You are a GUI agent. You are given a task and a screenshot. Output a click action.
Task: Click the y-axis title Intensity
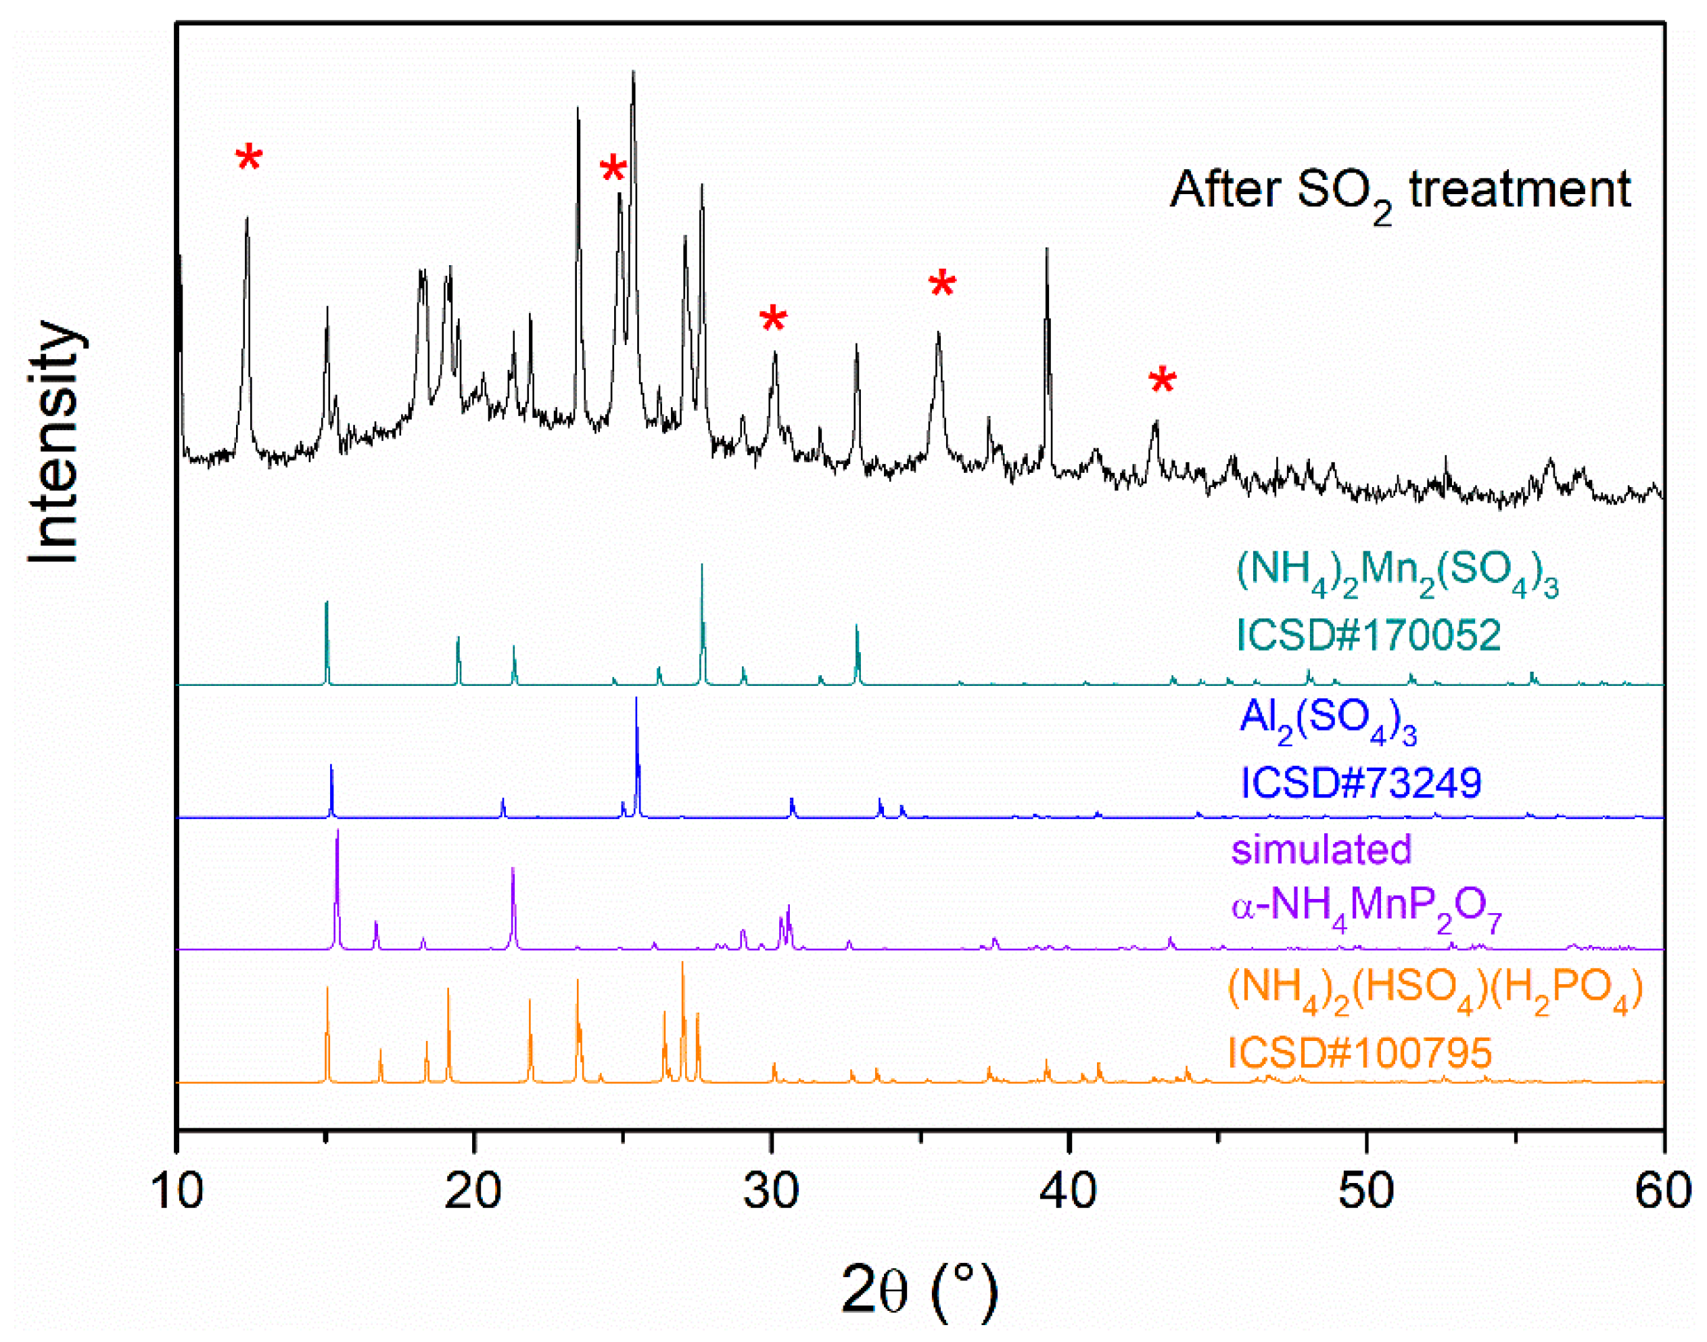coord(55,442)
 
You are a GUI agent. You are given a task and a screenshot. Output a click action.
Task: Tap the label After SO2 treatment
coord(1400,191)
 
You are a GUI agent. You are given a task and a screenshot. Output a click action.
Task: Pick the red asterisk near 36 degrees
coord(942,284)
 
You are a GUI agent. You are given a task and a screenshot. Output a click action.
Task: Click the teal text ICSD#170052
coord(1368,635)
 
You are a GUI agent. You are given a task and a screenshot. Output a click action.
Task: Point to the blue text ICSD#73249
coord(1361,782)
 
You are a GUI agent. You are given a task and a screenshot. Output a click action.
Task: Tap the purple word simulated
coord(1322,850)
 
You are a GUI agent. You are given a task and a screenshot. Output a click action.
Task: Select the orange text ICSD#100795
coord(1359,1053)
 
